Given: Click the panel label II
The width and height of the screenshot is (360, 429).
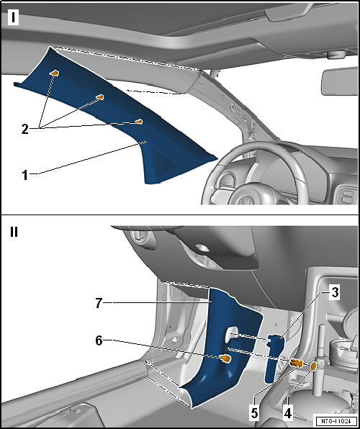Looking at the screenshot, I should (16, 233).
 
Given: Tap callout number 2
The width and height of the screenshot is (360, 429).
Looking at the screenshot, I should (24, 130).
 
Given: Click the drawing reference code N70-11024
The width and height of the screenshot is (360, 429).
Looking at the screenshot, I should (334, 420).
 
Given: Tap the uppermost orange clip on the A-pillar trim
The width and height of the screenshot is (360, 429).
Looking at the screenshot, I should (55, 73).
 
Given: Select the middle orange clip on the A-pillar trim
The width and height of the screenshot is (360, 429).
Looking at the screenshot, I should (101, 96).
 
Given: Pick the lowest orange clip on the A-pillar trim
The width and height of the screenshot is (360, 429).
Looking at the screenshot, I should (140, 122).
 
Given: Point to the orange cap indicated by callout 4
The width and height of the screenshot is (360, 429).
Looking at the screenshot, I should (314, 367).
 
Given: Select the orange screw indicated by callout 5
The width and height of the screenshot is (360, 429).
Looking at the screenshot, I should (294, 363).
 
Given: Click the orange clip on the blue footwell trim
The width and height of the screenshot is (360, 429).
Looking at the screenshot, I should (225, 357).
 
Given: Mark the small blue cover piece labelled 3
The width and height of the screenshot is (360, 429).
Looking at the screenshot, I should (274, 356).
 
